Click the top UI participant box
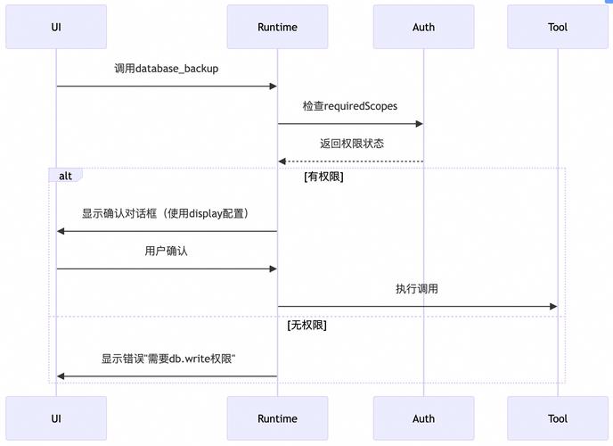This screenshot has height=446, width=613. [56, 27]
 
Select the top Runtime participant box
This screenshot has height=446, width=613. [277, 27]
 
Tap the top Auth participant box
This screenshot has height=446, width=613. [423, 27]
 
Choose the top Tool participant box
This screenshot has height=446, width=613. [558, 27]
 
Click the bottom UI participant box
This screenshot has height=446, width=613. [56, 418]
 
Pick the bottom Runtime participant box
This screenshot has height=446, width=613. [277, 418]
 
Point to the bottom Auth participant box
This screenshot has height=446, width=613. [423, 418]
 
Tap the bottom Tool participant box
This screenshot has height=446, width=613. [558, 418]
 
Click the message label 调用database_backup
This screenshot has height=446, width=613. [167, 69]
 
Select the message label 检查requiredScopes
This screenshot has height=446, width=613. [350, 106]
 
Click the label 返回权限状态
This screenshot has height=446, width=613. [351, 144]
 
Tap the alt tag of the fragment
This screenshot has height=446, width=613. [65, 176]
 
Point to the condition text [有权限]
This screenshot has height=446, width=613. [323, 177]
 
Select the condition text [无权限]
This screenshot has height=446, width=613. [306, 326]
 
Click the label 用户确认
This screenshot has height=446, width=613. [167, 252]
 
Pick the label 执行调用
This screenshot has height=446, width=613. [417, 289]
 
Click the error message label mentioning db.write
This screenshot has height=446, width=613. [167, 359]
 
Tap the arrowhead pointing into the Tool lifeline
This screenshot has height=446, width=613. [552, 307]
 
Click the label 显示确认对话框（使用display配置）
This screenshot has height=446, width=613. [167, 214]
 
